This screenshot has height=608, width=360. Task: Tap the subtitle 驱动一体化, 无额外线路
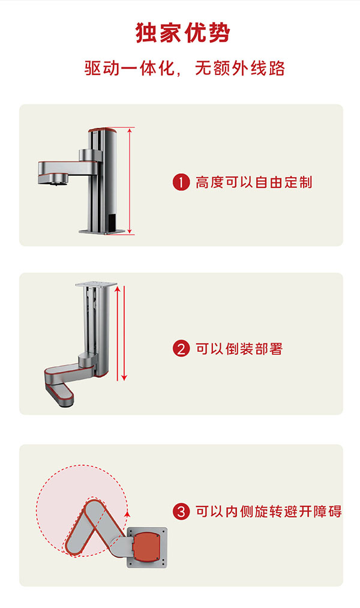185,68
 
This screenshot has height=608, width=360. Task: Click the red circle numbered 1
181,182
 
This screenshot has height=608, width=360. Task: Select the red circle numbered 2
181,349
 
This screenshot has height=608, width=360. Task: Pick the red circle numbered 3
181,511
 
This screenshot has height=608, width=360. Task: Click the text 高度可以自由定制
254,182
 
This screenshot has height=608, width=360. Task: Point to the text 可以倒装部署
239,349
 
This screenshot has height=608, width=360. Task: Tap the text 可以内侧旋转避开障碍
269,511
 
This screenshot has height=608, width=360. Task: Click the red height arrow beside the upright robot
130,181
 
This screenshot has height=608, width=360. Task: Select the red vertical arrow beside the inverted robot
124,333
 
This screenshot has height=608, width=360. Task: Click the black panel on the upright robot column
111,222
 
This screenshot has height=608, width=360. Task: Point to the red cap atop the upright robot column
103,130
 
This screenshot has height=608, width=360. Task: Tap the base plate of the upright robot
102,232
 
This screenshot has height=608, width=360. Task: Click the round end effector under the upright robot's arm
58,178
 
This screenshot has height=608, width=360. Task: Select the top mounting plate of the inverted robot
96,284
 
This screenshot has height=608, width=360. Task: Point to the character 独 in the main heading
147,32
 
